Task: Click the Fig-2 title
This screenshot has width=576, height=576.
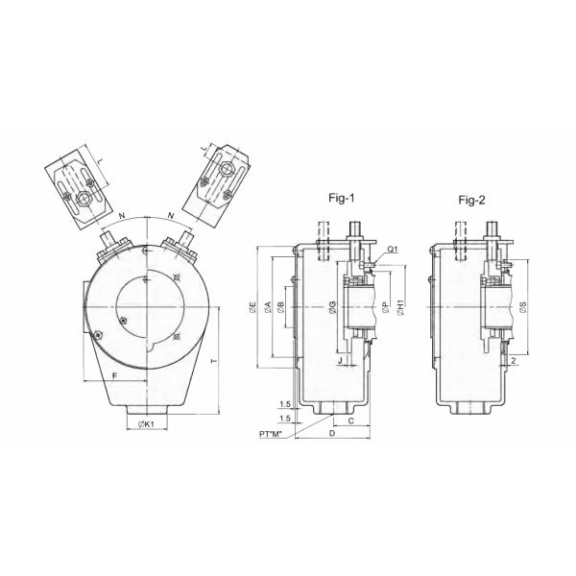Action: click(470, 200)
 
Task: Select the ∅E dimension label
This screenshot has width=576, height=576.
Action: click(252, 308)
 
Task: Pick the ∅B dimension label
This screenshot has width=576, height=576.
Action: click(280, 308)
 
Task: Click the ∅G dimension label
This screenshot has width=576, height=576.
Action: click(331, 308)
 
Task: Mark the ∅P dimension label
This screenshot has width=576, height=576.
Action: click(385, 308)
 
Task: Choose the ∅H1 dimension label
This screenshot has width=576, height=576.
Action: click(400, 308)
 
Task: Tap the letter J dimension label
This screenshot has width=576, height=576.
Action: click(340, 361)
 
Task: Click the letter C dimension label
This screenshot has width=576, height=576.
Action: click(350, 420)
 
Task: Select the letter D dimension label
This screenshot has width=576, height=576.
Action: click(332, 435)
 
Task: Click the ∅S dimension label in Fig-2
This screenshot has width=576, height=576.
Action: click(522, 308)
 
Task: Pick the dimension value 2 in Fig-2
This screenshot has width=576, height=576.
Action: click(515, 361)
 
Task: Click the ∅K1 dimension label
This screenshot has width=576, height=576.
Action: click(147, 425)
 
